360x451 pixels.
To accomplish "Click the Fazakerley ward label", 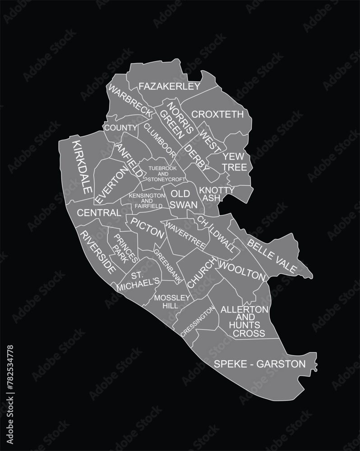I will pos(169,86).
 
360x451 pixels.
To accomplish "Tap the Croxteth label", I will pos(218,115).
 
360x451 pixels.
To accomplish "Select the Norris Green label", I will pos(175,120).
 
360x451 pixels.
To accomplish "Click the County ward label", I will pos(120,128).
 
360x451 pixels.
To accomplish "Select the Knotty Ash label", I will pos(217,194).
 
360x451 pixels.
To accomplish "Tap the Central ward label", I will pos(99,212).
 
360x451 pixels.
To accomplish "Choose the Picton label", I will pos(148,227).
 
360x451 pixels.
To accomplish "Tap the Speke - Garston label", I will pos(260,364).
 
